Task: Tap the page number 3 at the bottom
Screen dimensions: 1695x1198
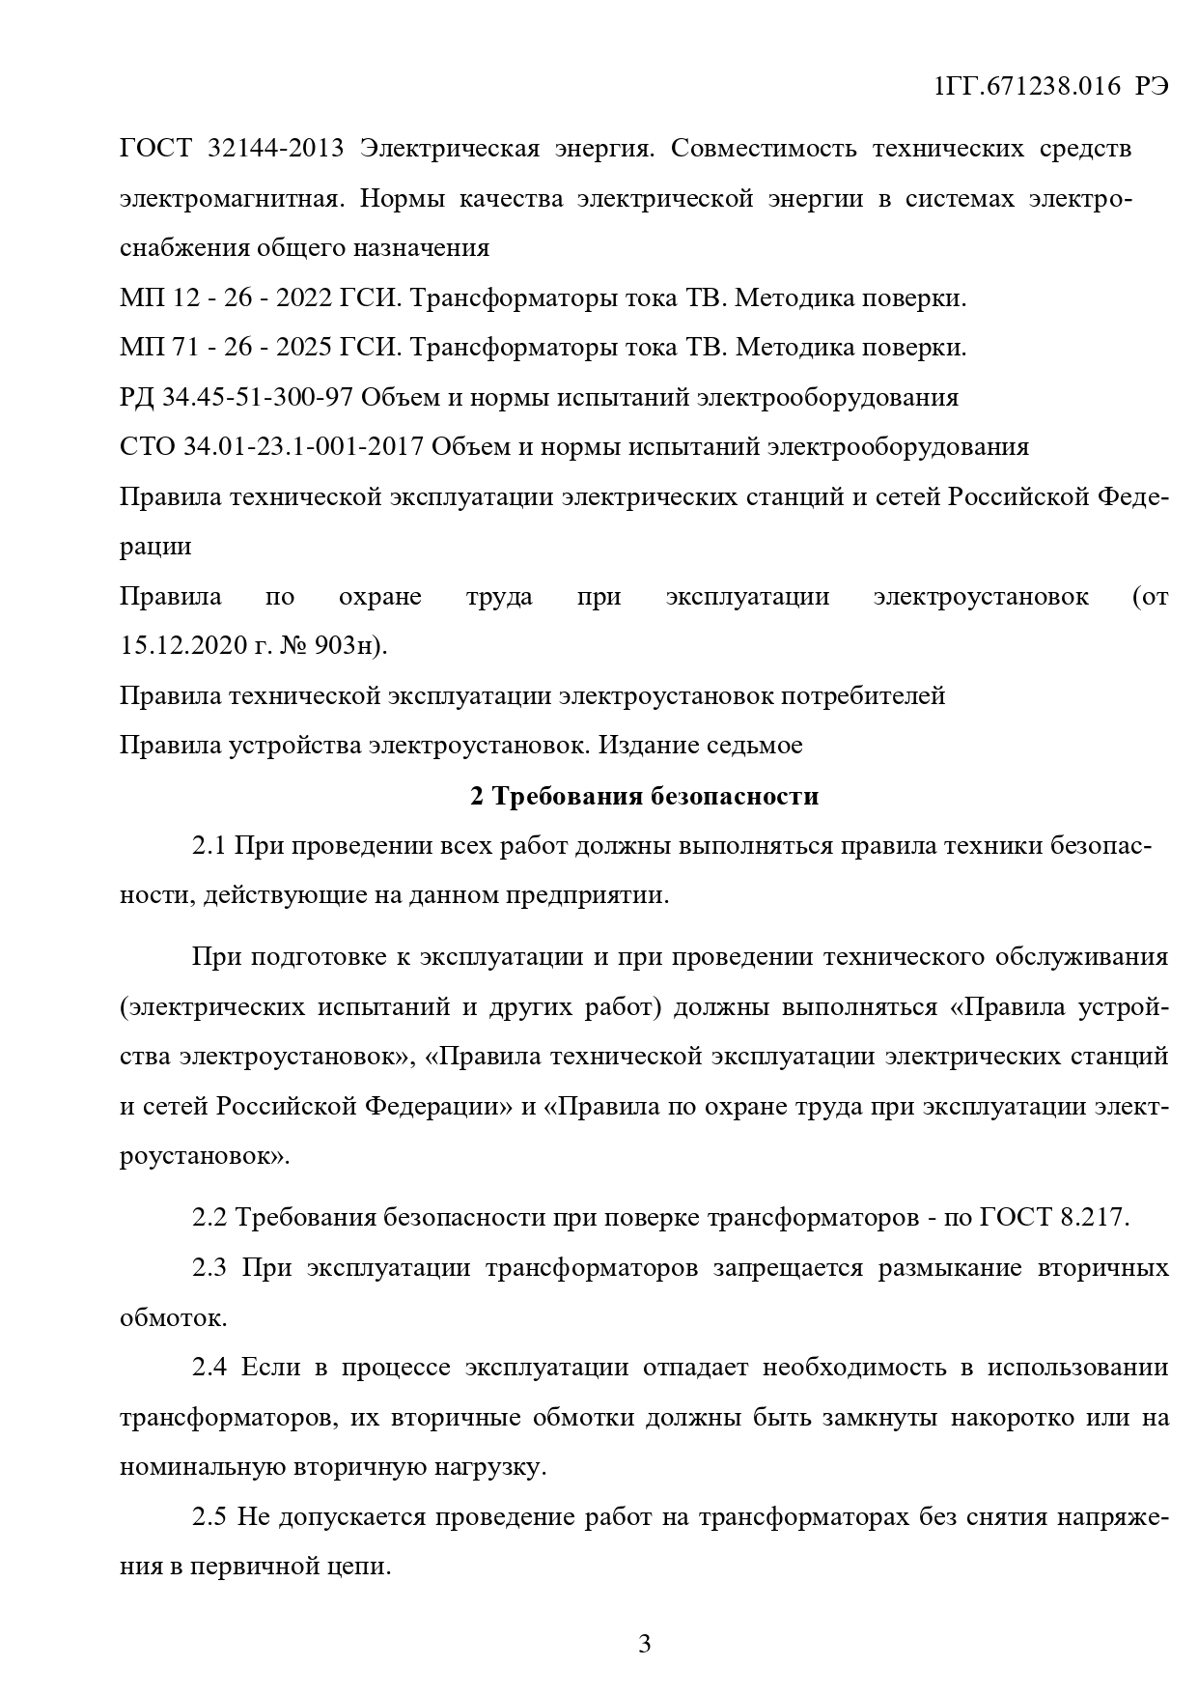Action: (645, 1643)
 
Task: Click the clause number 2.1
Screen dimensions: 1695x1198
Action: (209, 846)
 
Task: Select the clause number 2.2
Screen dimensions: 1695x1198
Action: (209, 1217)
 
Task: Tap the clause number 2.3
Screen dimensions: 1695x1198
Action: (209, 1267)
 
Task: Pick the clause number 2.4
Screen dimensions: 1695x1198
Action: (209, 1368)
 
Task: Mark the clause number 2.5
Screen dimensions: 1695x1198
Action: (209, 1517)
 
